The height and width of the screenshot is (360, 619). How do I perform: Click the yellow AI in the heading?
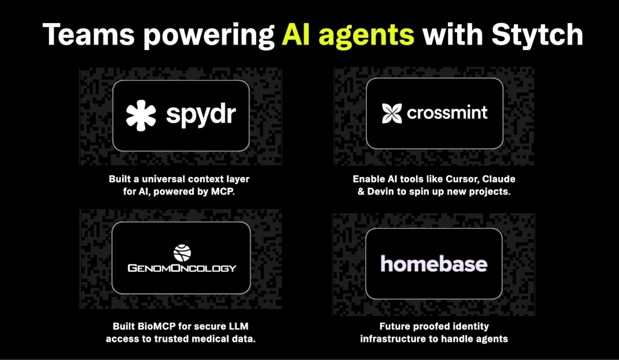click(297, 34)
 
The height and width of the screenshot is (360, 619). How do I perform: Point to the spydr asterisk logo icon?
click(141, 115)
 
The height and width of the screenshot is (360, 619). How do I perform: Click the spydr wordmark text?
click(201, 115)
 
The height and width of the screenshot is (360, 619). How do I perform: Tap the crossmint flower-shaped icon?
click(392, 113)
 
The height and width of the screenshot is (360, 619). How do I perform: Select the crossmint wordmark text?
click(447, 113)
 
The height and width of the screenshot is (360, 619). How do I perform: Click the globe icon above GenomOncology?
click(182, 253)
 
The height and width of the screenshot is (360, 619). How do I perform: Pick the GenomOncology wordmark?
click(182, 268)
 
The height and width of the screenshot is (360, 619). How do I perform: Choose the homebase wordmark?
click(434, 263)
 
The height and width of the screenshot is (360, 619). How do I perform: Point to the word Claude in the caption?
click(502, 179)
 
